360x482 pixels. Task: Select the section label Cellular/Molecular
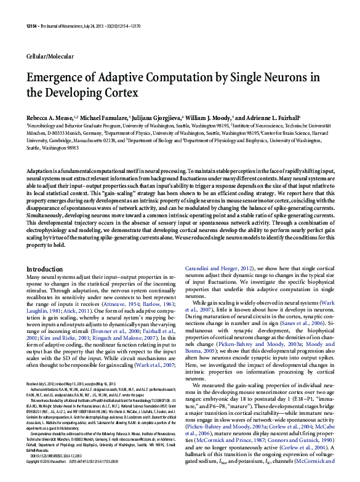[50, 56]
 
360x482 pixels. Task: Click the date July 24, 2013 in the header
[102, 25]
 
